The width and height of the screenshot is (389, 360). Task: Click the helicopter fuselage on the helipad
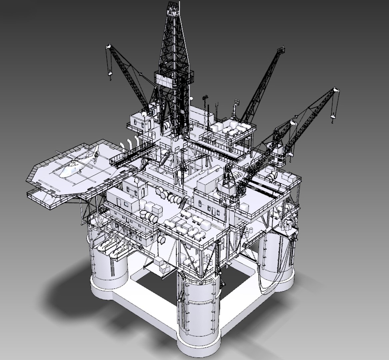pos(72,168)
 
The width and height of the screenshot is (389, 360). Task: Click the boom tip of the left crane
pos(108,47)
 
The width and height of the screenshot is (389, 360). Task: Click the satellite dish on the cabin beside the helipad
pos(136,181)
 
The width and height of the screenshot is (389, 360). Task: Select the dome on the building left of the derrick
pos(144,114)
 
